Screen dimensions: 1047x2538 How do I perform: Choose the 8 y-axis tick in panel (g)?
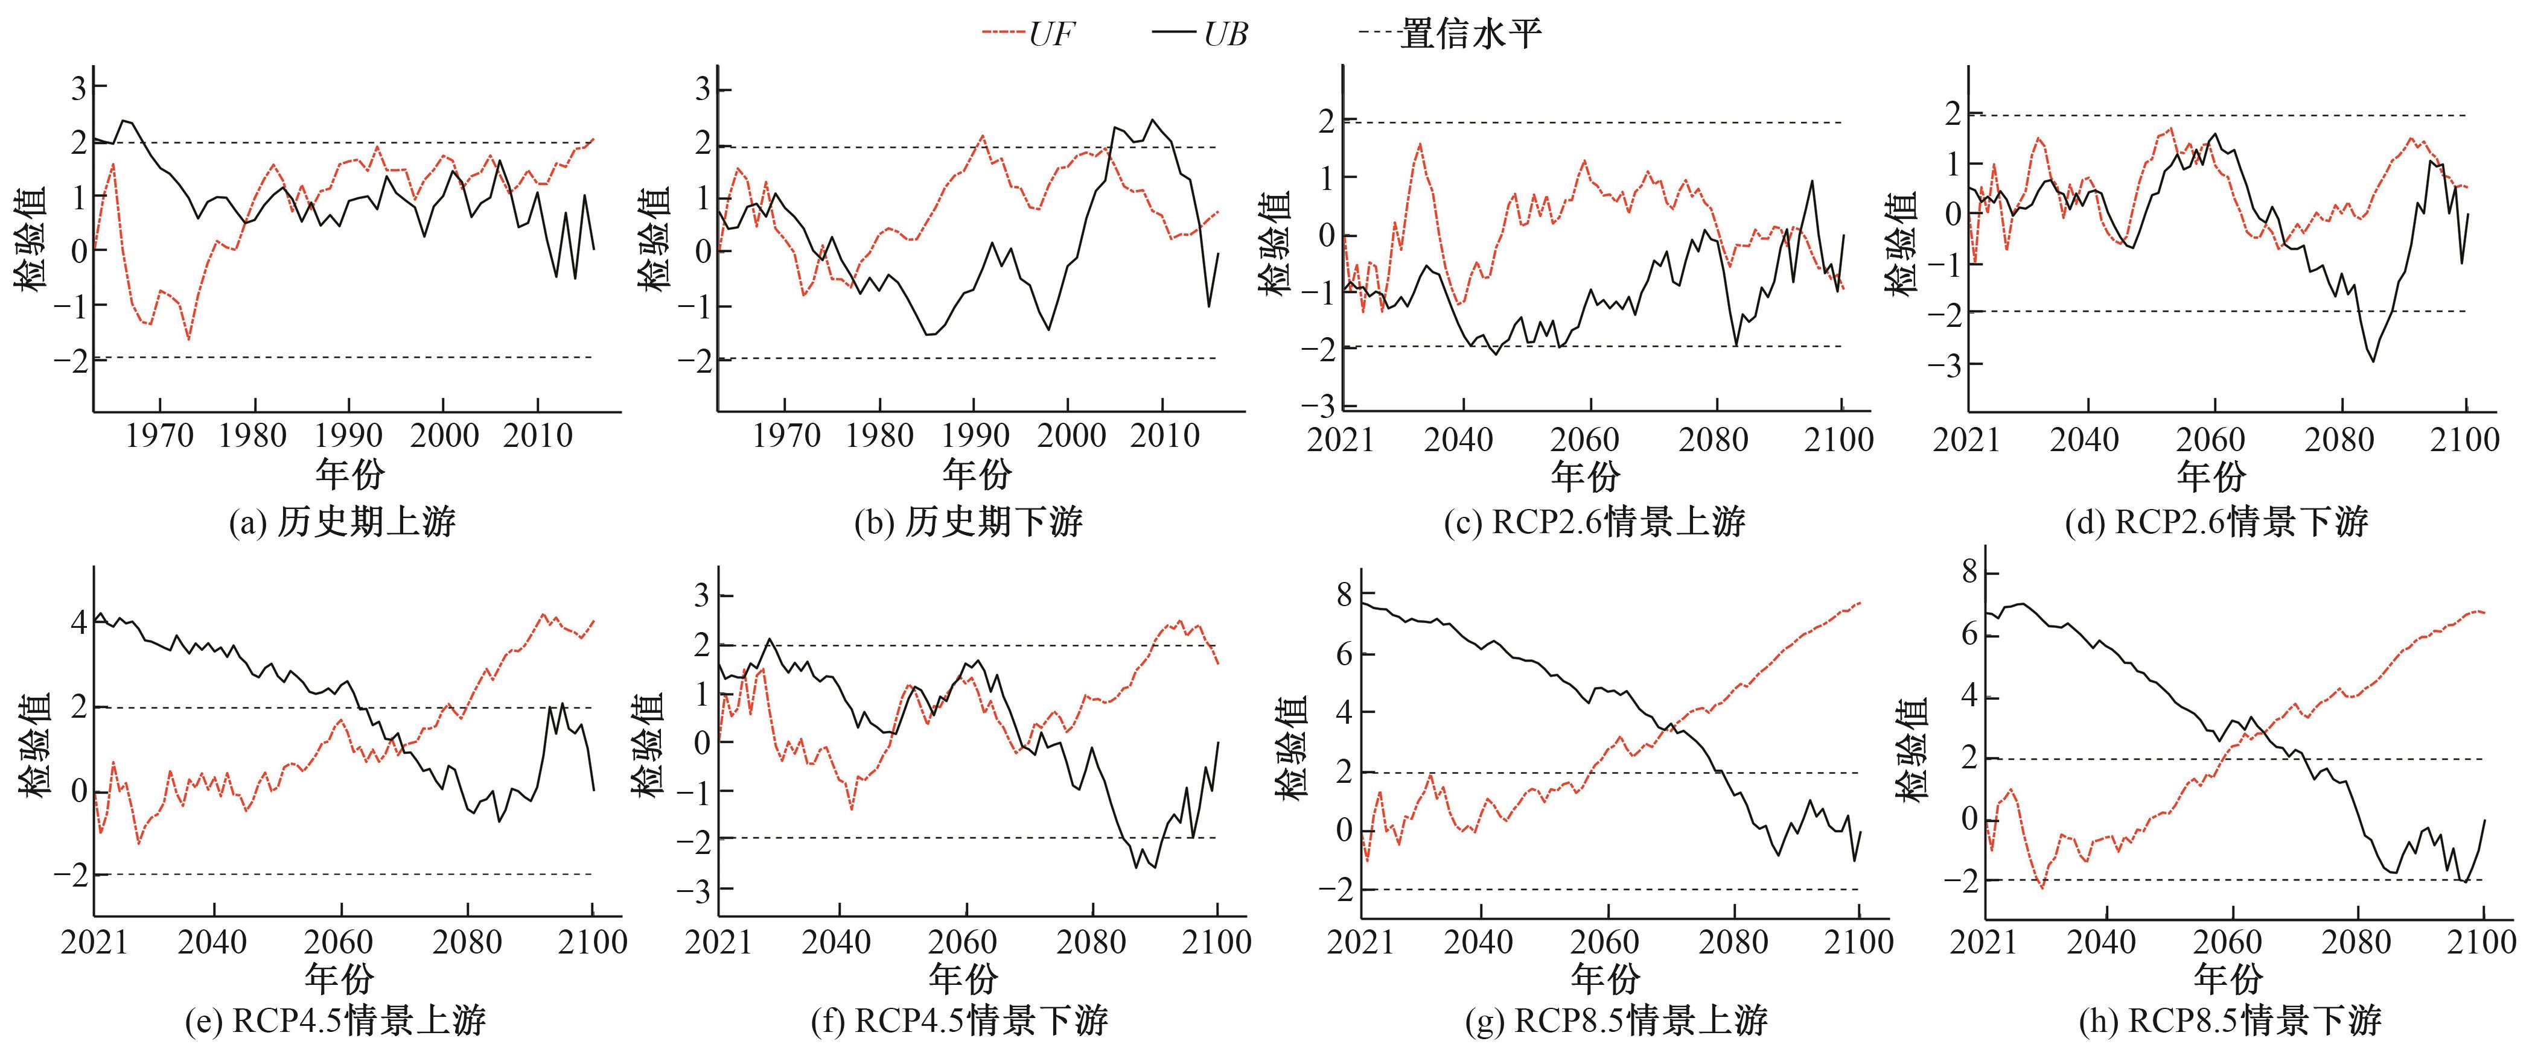1345,596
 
